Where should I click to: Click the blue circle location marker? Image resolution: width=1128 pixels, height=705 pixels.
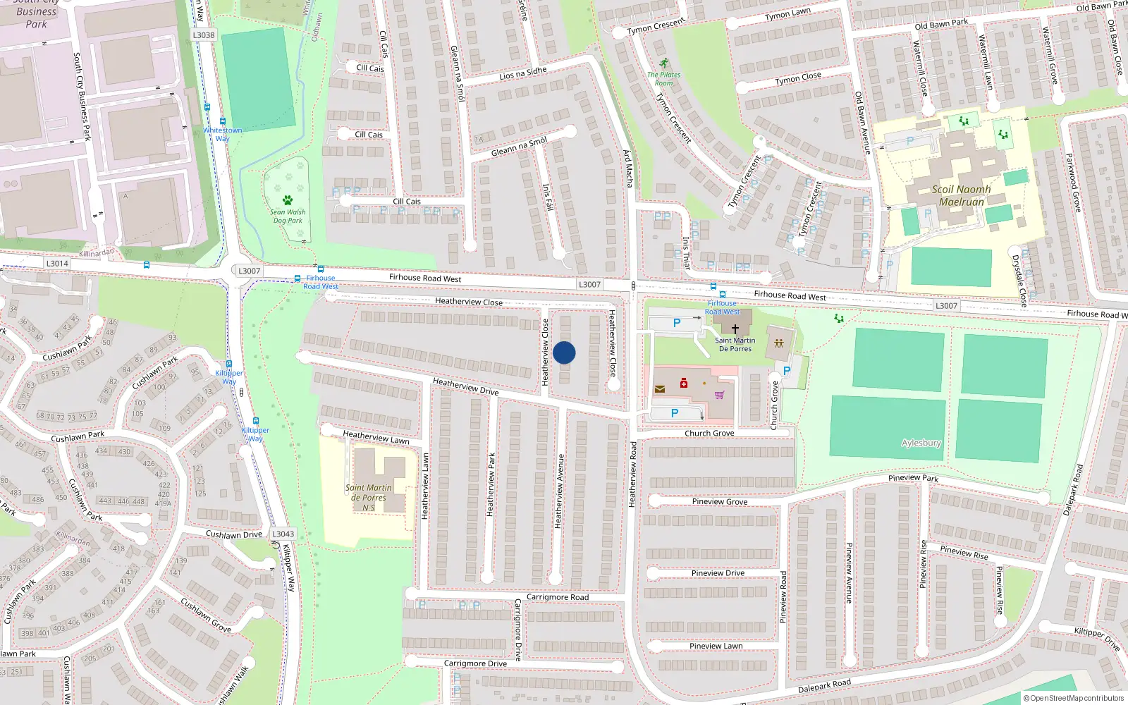click(564, 352)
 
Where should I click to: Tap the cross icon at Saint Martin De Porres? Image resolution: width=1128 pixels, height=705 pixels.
click(735, 329)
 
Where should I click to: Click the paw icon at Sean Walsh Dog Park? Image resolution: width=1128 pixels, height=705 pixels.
click(288, 200)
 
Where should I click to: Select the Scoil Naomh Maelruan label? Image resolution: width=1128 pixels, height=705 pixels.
click(961, 195)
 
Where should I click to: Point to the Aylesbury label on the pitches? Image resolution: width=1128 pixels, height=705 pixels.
click(921, 443)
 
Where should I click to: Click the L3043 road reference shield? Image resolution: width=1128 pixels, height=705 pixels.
click(283, 534)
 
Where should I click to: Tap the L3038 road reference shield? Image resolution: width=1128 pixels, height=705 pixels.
click(204, 35)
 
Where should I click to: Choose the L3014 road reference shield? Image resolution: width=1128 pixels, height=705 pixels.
click(57, 264)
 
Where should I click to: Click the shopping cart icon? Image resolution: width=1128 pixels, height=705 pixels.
click(719, 395)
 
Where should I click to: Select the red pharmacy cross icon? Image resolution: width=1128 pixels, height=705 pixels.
click(683, 383)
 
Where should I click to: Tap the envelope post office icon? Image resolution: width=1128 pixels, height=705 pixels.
click(660, 388)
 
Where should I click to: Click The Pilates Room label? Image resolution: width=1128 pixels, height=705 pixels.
click(663, 78)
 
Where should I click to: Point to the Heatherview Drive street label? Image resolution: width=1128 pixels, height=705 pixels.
click(465, 386)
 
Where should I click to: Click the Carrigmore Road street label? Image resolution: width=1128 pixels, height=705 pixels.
click(557, 597)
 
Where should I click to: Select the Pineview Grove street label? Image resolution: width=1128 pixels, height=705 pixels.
click(719, 502)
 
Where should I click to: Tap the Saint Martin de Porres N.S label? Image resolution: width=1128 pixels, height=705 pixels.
click(368, 497)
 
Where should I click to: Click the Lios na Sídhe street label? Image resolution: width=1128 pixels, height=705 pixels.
click(522, 73)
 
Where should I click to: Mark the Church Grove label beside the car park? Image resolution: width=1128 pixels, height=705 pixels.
click(774, 405)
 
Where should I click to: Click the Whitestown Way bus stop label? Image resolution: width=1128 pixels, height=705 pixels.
click(223, 134)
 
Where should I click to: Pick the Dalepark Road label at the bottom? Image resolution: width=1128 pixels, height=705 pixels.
click(824, 686)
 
